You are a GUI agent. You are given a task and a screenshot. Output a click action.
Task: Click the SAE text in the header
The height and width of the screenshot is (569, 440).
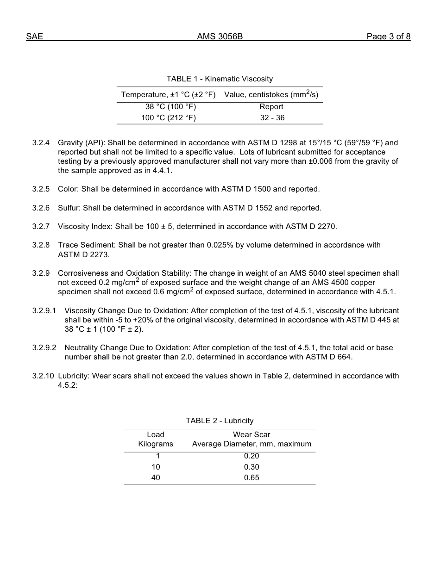tap(34, 37)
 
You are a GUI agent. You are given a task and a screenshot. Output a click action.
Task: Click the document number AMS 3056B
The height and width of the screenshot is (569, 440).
tap(220, 37)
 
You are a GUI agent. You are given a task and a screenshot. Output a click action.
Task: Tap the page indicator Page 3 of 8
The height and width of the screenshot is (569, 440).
tap(388, 37)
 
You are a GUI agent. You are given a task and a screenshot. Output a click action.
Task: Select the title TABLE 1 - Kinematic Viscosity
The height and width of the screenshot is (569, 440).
tap(220, 79)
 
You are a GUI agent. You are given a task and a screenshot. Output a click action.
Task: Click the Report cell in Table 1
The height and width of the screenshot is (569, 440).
tap(271, 107)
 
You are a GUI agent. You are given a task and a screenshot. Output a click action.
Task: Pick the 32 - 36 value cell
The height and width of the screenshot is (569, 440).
tap(272, 118)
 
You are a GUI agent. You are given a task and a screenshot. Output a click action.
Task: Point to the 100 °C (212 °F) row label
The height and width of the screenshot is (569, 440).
tap(169, 118)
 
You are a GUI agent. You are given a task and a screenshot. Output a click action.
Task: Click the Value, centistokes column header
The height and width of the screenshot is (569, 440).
tap(271, 95)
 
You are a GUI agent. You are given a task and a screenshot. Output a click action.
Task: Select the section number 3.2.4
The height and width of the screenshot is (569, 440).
tap(41, 143)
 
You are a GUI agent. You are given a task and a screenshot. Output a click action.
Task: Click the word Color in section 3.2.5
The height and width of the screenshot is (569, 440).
tap(68, 189)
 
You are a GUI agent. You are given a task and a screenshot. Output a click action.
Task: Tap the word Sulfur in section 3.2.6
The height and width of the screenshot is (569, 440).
tap(69, 208)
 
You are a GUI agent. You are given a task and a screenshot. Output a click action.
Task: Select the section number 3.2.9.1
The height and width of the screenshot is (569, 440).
tap(44, 311)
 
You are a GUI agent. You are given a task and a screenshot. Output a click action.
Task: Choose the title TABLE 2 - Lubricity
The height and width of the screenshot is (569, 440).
tap(220, 421)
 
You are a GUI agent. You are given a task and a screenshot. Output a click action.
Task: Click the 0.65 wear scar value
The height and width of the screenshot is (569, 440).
tap(251, 478)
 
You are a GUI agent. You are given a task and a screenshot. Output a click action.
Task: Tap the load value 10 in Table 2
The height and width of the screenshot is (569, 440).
tap(156, 467)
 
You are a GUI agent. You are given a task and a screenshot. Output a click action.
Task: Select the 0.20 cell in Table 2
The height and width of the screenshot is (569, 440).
tap(251, 456)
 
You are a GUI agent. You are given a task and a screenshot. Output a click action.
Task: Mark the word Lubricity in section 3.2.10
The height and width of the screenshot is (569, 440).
tap(74, 376)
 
